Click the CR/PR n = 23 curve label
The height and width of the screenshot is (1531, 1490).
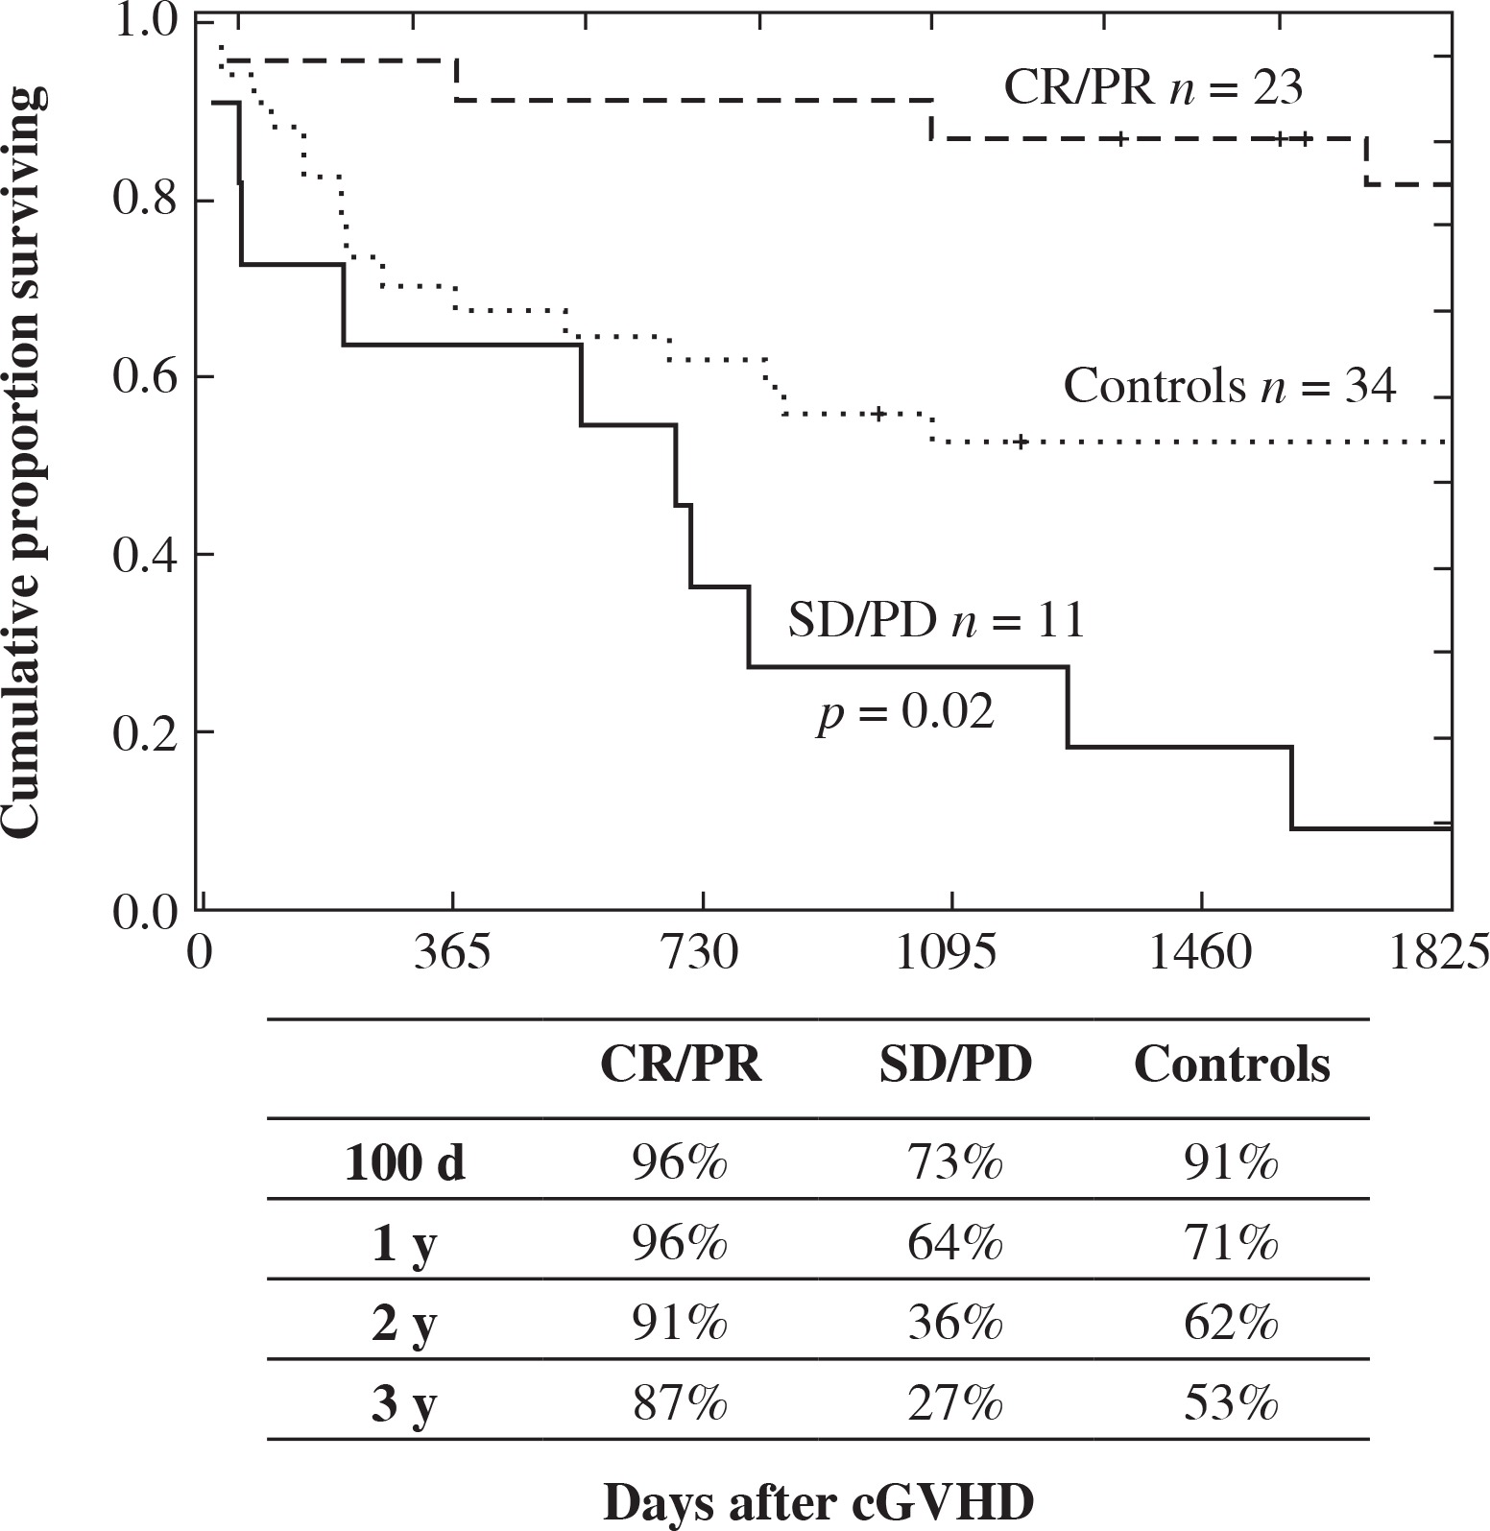tap(1153, 88)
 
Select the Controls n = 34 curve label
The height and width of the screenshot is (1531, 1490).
tap(1229, 387)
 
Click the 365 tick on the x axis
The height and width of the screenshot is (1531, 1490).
tap(452, 954)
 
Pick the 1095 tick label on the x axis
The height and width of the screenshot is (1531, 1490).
tap(946, 954)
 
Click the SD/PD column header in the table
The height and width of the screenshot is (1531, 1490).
tap(955, 1065)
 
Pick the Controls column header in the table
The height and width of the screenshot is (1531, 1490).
tap(1232, 1065)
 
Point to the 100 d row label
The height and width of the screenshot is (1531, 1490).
tap(404, 1164)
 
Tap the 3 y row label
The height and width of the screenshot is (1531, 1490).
tap(404, 1406)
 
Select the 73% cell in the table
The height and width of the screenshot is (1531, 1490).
tap(955, 1164)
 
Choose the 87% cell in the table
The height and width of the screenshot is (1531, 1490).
tap(680, 1406)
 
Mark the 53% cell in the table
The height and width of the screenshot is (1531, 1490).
tap(1232, 1406)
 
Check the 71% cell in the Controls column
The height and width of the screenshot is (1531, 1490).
tap(1232, 1245)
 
